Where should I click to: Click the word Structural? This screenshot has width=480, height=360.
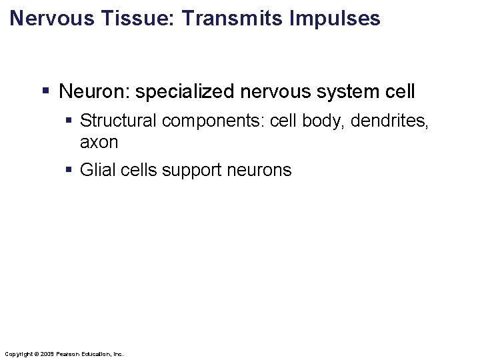tap(118, 121)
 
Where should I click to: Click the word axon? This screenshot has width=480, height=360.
tap(99, 142)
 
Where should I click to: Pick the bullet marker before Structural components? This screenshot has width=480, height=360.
tap(69, 121)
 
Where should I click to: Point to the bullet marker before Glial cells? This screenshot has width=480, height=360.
tap(69, 170)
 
